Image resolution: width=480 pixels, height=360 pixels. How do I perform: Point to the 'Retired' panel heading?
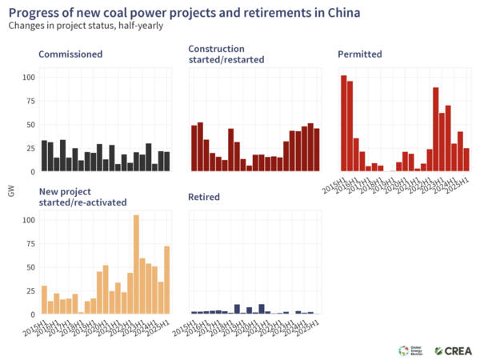205,197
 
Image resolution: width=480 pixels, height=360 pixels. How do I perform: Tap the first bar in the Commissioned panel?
44,156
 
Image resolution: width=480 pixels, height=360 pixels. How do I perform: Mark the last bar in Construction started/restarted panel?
317,150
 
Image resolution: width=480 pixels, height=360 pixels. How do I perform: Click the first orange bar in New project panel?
44,299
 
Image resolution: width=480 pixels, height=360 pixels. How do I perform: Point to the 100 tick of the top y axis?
29,78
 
